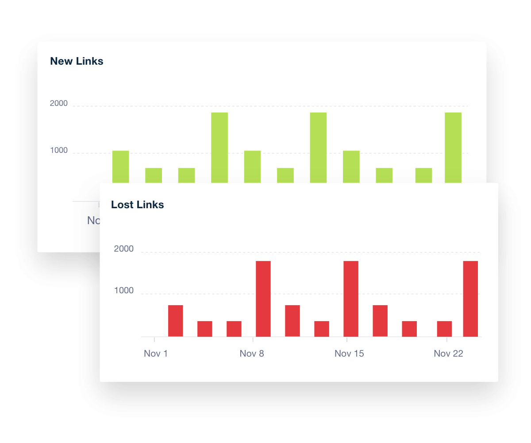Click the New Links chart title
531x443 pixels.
click(77, 61)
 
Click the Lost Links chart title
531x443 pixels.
click(137, 205)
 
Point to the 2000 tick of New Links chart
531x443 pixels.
click(59, 104)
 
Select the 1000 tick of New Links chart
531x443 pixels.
click(59, 151)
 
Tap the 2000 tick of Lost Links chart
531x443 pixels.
click(123, 249)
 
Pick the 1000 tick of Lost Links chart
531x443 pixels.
click(123, 291)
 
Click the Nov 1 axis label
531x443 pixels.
click(156, 354)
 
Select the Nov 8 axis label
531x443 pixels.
click(252, 354)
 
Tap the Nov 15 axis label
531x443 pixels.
click(349, 354)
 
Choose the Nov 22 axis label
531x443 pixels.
click(448, 354)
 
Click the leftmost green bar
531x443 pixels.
click(120, 167)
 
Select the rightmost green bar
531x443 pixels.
click(453, 148)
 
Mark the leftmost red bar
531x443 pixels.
click(176, 321)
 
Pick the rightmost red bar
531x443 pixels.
click(470, 299)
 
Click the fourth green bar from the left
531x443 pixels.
click(219, 148)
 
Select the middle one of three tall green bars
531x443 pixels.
click(318, 148)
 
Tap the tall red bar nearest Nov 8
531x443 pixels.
click(263, 299)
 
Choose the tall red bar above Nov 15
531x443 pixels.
click(351, 299)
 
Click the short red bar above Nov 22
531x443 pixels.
click(444, 329)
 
